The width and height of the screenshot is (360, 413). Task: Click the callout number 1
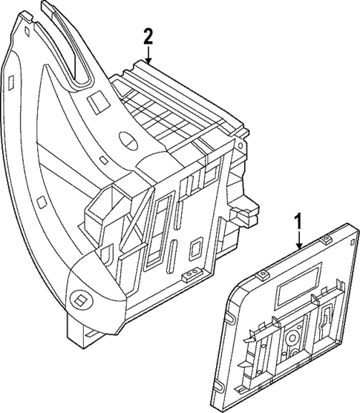[x=298, y=221]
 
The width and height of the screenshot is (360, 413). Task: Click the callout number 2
[x=148, y=36]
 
